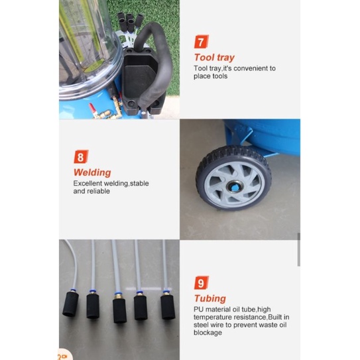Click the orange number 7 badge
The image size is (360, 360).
pyautogui.click(x=202, y=42)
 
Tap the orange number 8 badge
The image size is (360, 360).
pyautogui.click(x=81, y=156)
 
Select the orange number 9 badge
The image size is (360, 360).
pyautogui.click(x=202, y=282)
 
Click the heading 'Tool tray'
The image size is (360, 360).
pyautogui.click(x=214, y=58)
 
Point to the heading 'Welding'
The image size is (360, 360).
pyautogui.click(x=92, y=172)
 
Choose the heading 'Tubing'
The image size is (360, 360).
pyautogui.click(x=210, y=298)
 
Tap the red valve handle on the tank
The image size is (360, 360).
pyautogui.click(x=92, y=108)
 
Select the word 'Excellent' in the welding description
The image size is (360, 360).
pyautogui.click(x=88, y=184)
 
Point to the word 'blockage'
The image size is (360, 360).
pyautogui.click(x=208, y=333)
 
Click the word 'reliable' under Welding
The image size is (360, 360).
pyautogui.click(x=99, y=191)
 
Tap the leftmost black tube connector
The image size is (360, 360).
pyautogui.click(x=70, y=304)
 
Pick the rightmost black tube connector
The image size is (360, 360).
pyautogui.click(x=168, y=307)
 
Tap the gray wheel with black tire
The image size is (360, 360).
pyautogui.click(x=234, y=178)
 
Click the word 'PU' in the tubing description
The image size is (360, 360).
pyautogui.click(x=199, y=309)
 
